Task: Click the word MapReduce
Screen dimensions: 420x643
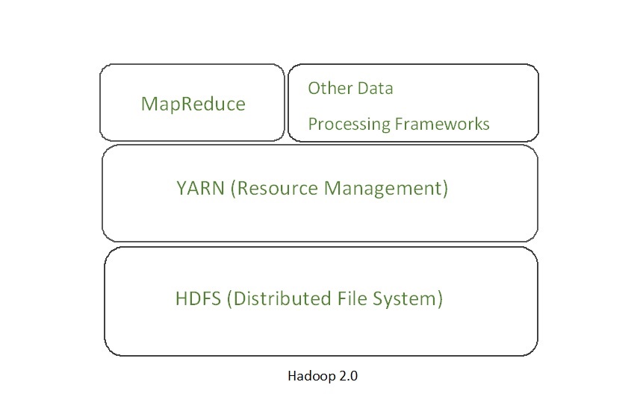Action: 193,104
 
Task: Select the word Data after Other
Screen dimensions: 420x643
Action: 375,88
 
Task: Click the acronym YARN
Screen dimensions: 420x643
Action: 201,188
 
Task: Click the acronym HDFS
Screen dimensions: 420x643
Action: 198,299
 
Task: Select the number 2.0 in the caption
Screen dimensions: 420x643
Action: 346,376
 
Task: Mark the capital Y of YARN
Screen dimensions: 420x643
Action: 181,188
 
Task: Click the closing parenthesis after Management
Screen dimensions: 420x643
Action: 445,188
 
